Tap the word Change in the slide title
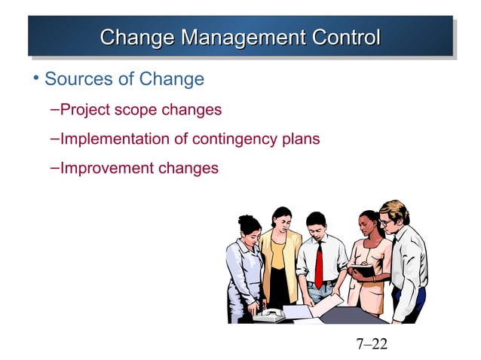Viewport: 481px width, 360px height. click(134, 36)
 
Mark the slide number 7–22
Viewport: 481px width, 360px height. click(371, 344)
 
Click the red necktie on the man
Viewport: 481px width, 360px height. click(319, 264)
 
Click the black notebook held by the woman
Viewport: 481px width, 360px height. click(363, 268)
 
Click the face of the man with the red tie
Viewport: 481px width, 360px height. click(315, 229)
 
